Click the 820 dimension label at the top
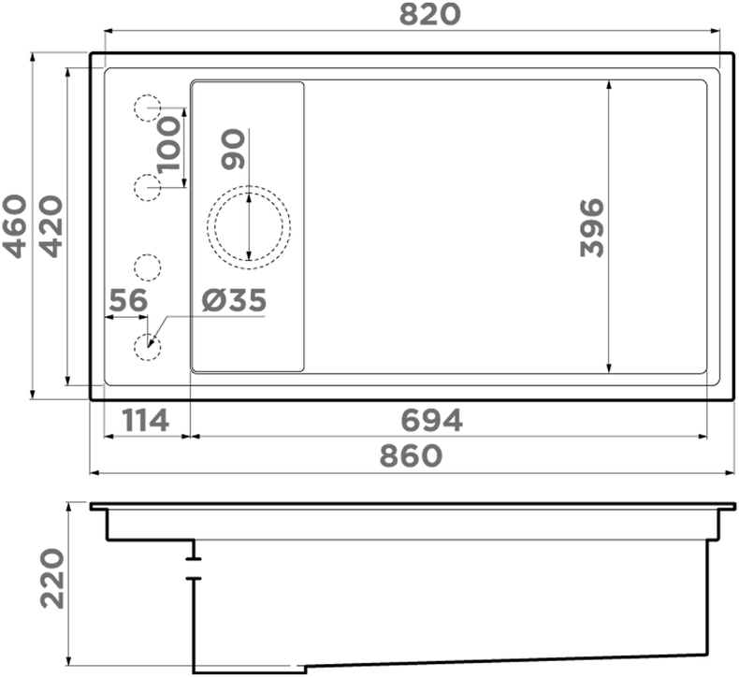(x=429, y=15)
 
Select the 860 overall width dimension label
(x=411, y=456)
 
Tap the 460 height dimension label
(x=15, y=226)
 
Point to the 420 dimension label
(x=51, y=226)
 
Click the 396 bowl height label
(x=592, y=227)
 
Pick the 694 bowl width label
(x=432, y=421)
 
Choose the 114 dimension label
(x=146, y=421)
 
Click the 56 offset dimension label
(x=128, y=300)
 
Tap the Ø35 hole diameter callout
(x=234, y=300)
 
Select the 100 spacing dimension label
(x=168, y=145)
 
